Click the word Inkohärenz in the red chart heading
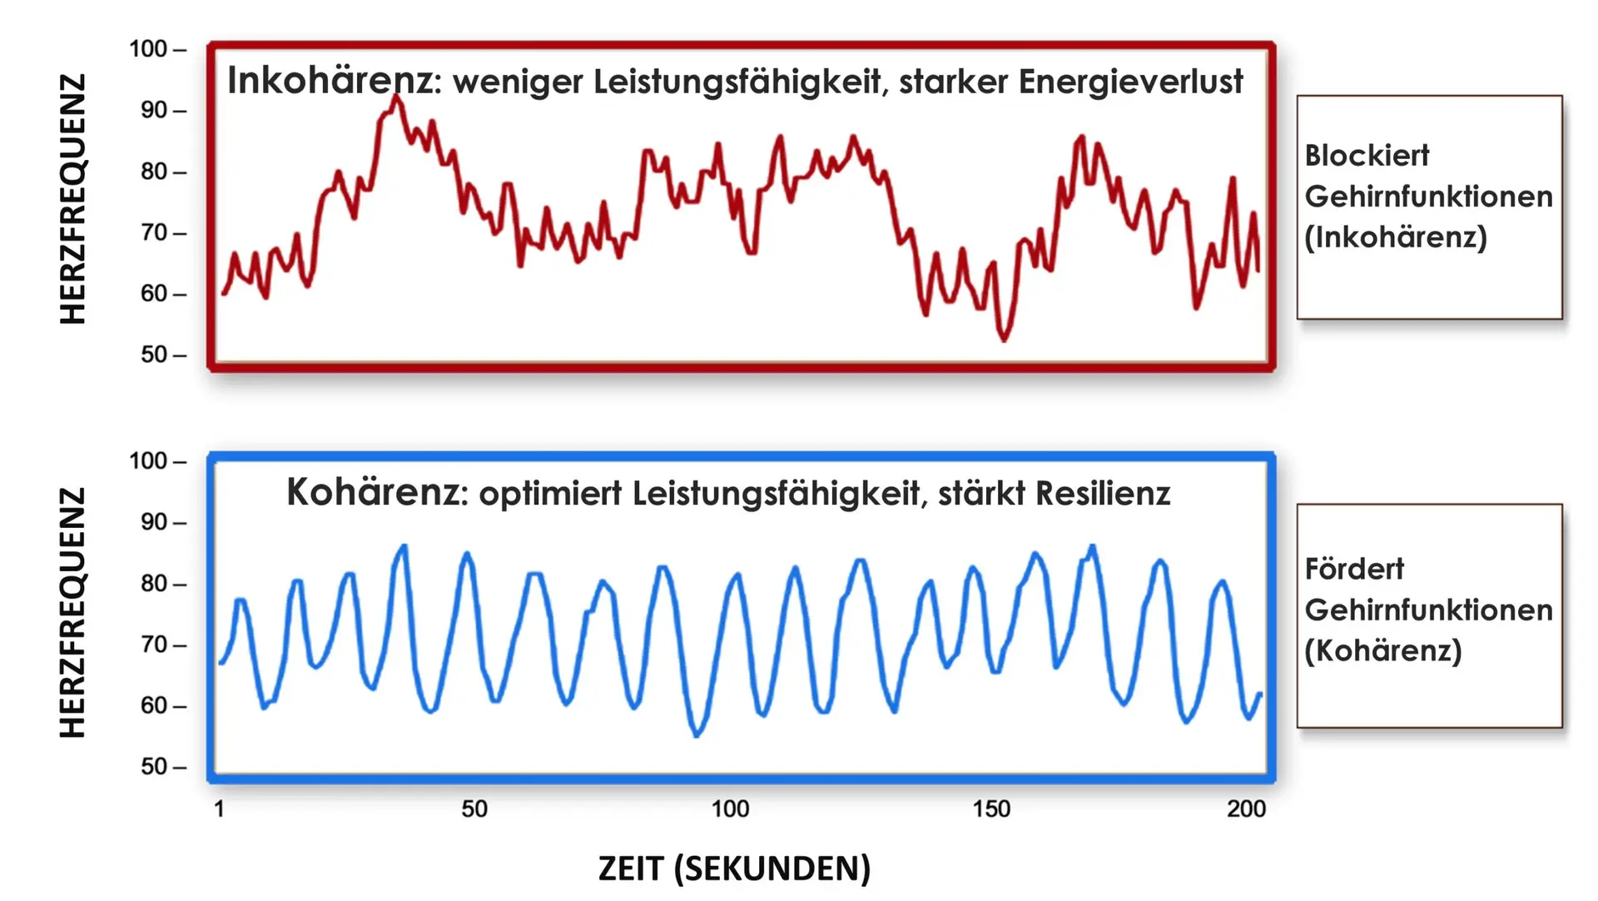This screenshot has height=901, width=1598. (x=330, y=82)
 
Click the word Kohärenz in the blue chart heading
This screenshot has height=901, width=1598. (x=372, y=493)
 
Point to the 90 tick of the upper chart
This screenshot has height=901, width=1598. (x=156, y=111)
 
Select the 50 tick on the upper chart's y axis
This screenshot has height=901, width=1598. (x=156, y=356)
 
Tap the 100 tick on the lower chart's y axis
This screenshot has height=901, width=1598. (x=150, y=461)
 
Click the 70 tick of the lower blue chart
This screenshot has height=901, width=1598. (x=156, y=645)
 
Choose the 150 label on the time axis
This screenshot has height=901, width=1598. (x=990, y=809)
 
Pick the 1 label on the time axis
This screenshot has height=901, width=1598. (x=219, y=809)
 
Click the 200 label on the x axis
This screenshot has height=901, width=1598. (x=1246, y=809)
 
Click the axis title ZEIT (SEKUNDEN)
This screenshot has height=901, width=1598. (x=734, y=869)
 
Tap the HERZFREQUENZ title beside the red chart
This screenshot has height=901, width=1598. (x=73, y=199)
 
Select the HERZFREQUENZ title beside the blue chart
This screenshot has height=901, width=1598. (x=73, y=613)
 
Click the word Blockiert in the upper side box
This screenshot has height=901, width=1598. (x=1367, y=156)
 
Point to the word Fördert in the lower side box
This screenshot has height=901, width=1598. (x=1354, y=570)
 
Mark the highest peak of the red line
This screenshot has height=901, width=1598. (x=397, y=97)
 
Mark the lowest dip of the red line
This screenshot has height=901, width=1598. (x=1004, y=339)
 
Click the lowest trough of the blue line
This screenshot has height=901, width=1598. (x=697, y=734)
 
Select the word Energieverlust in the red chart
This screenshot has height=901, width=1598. (x=1130, y=82)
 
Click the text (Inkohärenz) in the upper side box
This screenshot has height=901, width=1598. (x=1396, y=237)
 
